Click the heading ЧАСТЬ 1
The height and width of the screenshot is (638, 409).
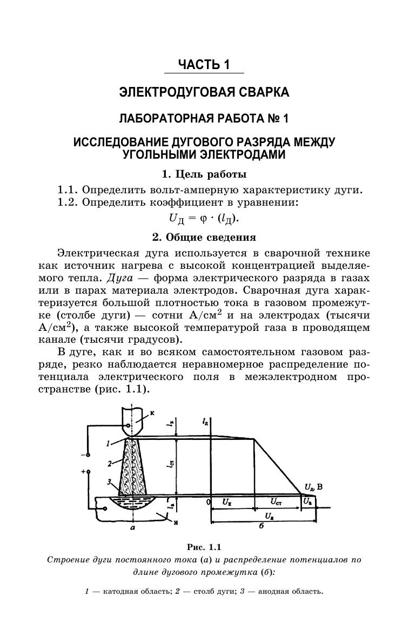[204, 65]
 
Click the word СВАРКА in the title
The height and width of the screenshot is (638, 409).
[263, 93]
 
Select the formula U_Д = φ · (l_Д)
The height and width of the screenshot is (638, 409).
[204, 218]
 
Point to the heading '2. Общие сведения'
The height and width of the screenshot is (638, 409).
[204, 237]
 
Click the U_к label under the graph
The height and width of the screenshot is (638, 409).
[227, 502]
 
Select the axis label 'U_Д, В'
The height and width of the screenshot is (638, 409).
[313, 487]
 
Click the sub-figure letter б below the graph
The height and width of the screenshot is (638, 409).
[261, 526]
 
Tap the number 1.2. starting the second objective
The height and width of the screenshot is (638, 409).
[68, 202]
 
